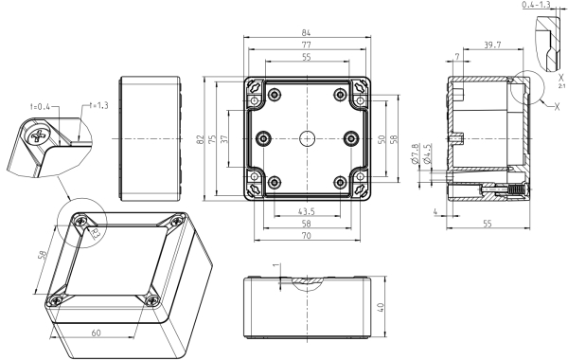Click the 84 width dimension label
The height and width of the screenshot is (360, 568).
coord(306,32)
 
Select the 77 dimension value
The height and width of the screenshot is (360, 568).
coord(306,45)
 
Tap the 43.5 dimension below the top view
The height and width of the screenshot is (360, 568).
coord(306,211)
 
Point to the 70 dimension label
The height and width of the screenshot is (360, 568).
coord(306,236)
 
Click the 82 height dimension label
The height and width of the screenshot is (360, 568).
coord(201,139)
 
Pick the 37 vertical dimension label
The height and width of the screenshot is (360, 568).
coord(224,139)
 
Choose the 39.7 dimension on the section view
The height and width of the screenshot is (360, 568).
coord(492,45)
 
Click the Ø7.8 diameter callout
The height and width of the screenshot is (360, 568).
coord(416,154)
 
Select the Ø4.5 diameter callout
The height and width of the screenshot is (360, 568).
coord(428,154)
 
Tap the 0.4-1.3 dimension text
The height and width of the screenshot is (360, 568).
coord(536,5)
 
